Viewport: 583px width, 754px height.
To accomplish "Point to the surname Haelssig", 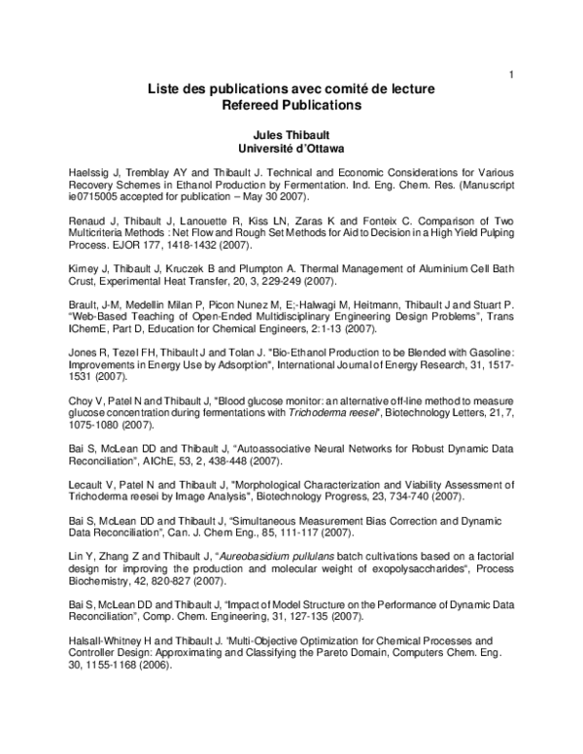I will (x=90, y=171).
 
